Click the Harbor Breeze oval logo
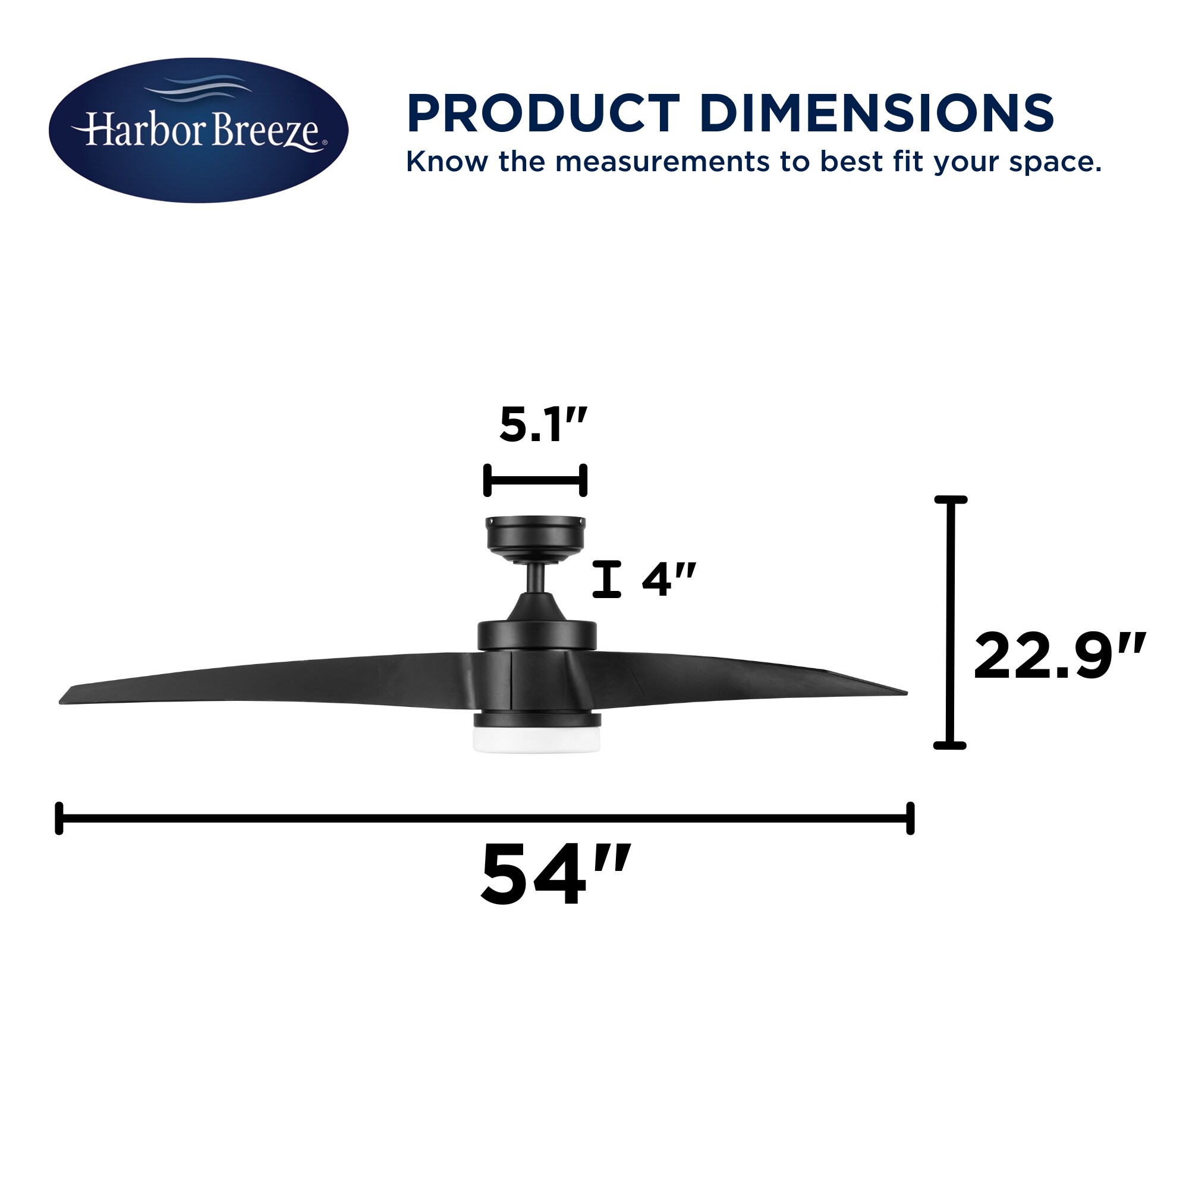[198, 130]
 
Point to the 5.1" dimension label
[543, 425]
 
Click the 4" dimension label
[669, 579]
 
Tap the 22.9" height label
[1059, 657]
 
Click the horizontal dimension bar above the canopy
[536, 480]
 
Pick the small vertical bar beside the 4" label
[607, 579]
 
